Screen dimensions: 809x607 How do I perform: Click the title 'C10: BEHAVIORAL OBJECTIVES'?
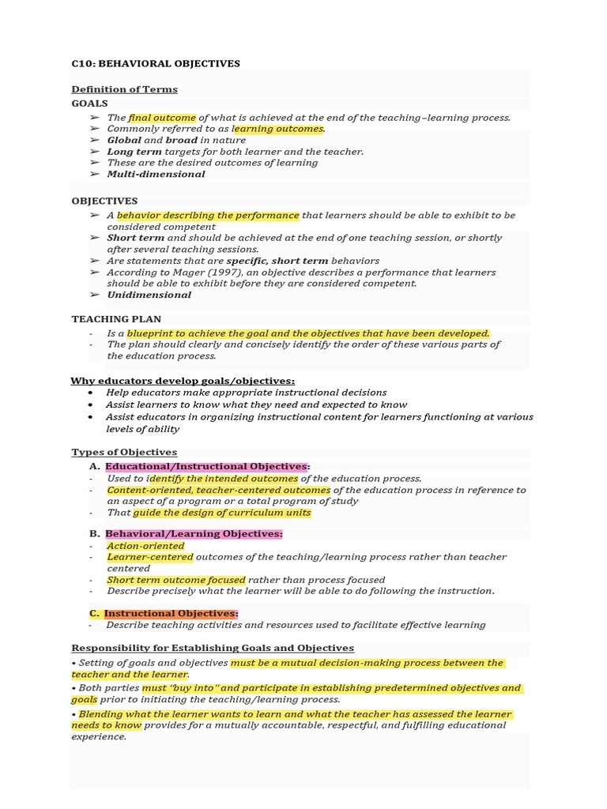coord(156,63)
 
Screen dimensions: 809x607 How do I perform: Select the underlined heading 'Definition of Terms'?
coord(124,89)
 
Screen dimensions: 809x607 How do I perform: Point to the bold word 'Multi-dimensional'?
coord(156,174)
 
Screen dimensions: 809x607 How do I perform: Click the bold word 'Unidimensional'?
coord(149,295)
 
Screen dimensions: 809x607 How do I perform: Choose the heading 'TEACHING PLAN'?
coord(116,319)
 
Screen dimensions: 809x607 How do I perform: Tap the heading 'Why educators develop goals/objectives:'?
coord(183,381)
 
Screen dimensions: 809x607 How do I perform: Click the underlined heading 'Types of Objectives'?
coord(124,452)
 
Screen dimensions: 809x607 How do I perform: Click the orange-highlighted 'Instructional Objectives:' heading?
coord(171,613)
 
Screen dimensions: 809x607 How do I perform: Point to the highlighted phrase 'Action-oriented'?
coord(145,546)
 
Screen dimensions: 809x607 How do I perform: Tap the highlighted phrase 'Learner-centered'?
coord(149,557)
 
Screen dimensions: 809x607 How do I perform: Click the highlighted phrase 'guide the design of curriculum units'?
coord(222,512)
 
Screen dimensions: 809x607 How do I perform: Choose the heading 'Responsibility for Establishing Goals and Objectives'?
coord(213,648)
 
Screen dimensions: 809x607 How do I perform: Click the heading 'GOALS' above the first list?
coord(89,103)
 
